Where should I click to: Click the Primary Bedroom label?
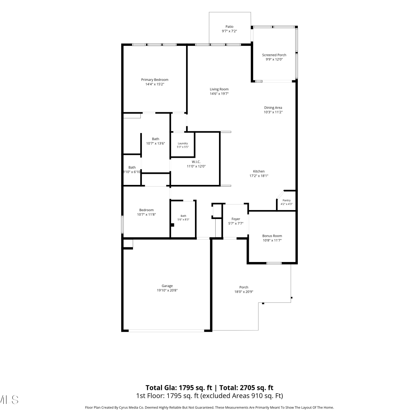tap(155, 80)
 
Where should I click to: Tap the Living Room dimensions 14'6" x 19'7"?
tap(219, 94)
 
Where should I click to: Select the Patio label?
tap(230, 27)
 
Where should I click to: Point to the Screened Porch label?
tap(274, 55)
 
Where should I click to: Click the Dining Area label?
tap(273, 108)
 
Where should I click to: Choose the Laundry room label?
tap(183, 143)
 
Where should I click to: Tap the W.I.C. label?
tap(196, 162)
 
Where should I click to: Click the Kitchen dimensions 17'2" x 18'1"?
tap(259, 176)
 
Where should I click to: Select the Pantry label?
tap(287, 200)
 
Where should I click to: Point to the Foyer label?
tap(236, 219)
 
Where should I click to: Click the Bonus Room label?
tap(272, 236)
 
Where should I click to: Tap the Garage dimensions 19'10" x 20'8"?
tap(167, 291)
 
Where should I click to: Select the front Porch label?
tap(244, 287)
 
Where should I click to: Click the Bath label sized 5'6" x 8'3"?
tap(184, 216)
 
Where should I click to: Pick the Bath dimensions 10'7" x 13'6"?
tap(156, 144)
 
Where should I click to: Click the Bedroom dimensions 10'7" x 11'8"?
tap(146, 215)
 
